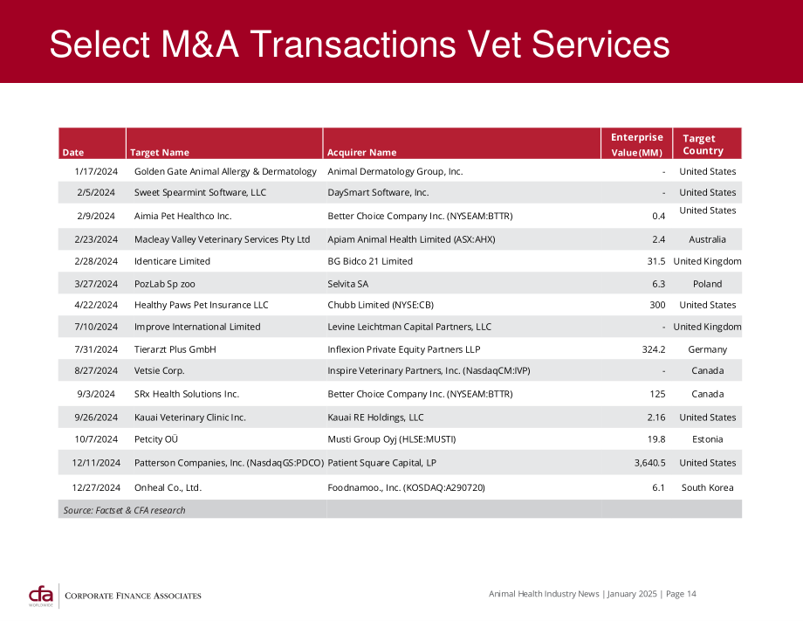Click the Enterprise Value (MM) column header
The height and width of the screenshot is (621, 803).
click(636, 144)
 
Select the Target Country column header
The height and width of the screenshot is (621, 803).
click(703, 144)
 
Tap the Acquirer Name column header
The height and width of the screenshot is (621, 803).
click(361, 152)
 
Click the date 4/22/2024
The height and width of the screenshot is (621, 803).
click(96, 305)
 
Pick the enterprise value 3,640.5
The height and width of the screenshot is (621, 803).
click(650, 463)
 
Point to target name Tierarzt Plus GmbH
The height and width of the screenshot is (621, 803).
click(175, 348)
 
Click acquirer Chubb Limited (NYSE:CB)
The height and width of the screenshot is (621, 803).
click(381, 305)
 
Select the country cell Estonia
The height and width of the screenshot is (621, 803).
click(707, 439)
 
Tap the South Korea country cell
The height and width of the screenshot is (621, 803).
click(707, 487)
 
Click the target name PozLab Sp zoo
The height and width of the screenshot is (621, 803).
click(164, 284)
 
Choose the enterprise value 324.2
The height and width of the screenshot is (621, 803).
click(654, 348)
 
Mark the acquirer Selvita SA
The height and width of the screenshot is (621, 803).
click(347, 284)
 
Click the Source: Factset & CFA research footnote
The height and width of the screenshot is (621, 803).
click(124, 510)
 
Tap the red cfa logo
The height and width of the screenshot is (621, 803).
click(41, 596)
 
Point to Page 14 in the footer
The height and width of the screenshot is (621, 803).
click(681, 594)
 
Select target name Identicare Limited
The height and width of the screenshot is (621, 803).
click(172, 261)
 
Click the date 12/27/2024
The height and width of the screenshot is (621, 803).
click(96, 487)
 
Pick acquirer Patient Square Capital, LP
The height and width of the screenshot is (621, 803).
click(381, 463)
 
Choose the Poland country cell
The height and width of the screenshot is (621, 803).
click(707, 284)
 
